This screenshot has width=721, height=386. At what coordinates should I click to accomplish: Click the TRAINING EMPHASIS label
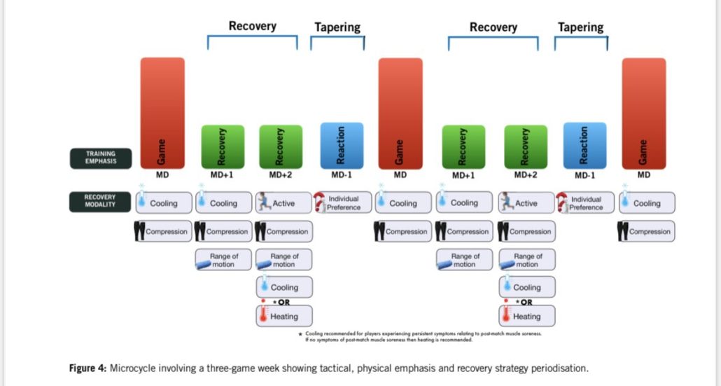tap(100, 158)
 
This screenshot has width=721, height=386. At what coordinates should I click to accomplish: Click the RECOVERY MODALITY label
tap(100, 201)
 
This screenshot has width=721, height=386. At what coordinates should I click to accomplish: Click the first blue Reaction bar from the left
tap(342, 146)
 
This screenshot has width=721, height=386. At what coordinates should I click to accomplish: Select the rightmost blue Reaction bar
tap(585, 146)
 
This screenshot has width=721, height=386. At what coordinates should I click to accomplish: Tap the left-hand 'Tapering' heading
tap(337, 27)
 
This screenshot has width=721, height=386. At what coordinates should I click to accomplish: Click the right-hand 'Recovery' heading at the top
tap(493, 27)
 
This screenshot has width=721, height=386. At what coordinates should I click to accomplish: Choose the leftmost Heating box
tap(283, 316)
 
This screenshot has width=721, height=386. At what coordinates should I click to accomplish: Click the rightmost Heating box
tap(526, 316)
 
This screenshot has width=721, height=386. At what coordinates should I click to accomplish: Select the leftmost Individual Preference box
tap(342, 202)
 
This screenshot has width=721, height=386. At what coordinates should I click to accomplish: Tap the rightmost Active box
tap(526, 203)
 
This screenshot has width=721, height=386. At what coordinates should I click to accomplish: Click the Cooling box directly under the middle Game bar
tap(402, 203)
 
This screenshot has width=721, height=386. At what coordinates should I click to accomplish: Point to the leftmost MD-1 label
tap(342, 175)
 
